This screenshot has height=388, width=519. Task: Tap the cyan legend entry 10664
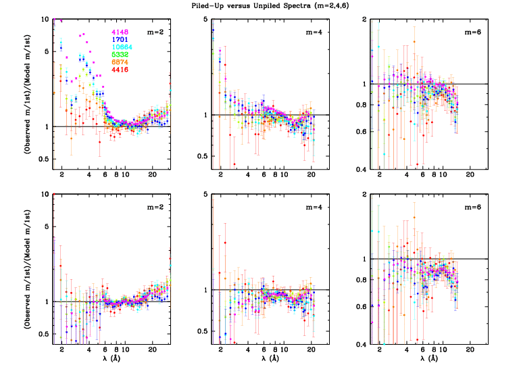122,47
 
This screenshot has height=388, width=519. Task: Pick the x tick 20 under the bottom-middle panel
311,350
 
